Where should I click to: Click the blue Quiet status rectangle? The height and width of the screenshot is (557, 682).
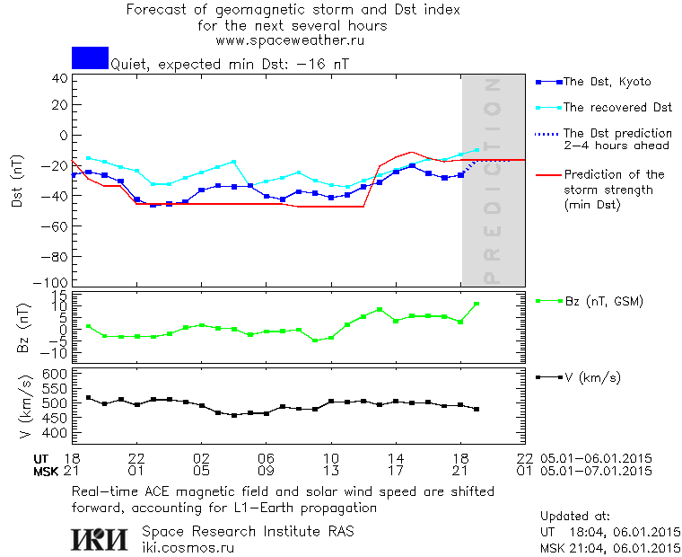(x=90, y=57)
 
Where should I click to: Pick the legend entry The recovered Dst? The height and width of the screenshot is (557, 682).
(x=617, y=108)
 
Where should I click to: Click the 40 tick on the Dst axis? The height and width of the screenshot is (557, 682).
(x=60, y=77)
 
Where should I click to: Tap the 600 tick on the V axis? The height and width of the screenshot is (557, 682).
(x=56, y=373)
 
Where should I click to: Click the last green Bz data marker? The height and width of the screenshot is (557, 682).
(x=477, y=304)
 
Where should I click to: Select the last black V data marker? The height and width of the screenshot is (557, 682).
(x=477, y=409)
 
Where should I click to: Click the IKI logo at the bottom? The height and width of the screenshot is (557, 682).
(x=101, y=538)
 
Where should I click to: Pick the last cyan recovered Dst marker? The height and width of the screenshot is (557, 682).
(x=477, y=150)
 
